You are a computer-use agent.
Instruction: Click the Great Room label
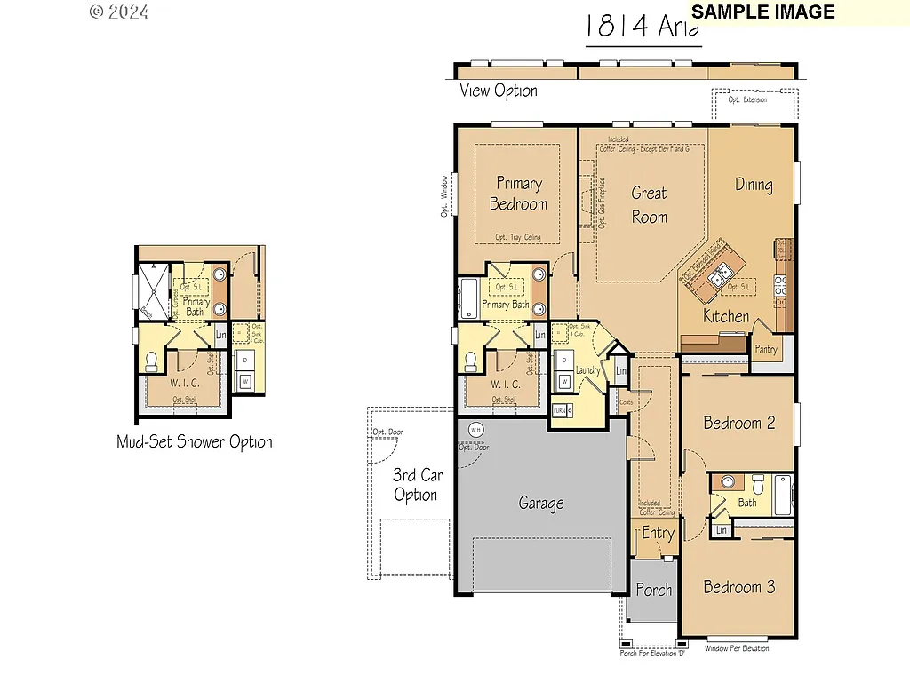[x=649, y=204]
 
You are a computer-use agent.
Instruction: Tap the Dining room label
[x=754, y=185]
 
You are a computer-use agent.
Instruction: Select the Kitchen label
[x=726, y=316]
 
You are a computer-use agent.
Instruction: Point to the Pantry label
[x=766, y=349]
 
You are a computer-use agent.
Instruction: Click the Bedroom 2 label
[x=738, y=423]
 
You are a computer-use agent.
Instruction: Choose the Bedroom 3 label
[x=738, y=587]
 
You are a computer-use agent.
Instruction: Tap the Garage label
[x=541, y=504]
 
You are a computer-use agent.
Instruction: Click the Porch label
[x=654, y=590]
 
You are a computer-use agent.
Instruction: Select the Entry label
[x=658, y=533]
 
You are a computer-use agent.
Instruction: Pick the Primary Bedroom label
[x=518, y=194]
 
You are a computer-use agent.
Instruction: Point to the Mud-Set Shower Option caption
[x=195, y=441]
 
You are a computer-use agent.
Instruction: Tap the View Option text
[x=498, y=91]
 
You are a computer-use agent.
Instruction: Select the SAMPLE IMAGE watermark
[x=762, y=12]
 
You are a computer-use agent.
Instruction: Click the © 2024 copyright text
[x=119, y=12]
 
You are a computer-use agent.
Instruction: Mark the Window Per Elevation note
[x=737, y=648]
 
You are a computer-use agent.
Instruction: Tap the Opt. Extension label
[x=746, y=100]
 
